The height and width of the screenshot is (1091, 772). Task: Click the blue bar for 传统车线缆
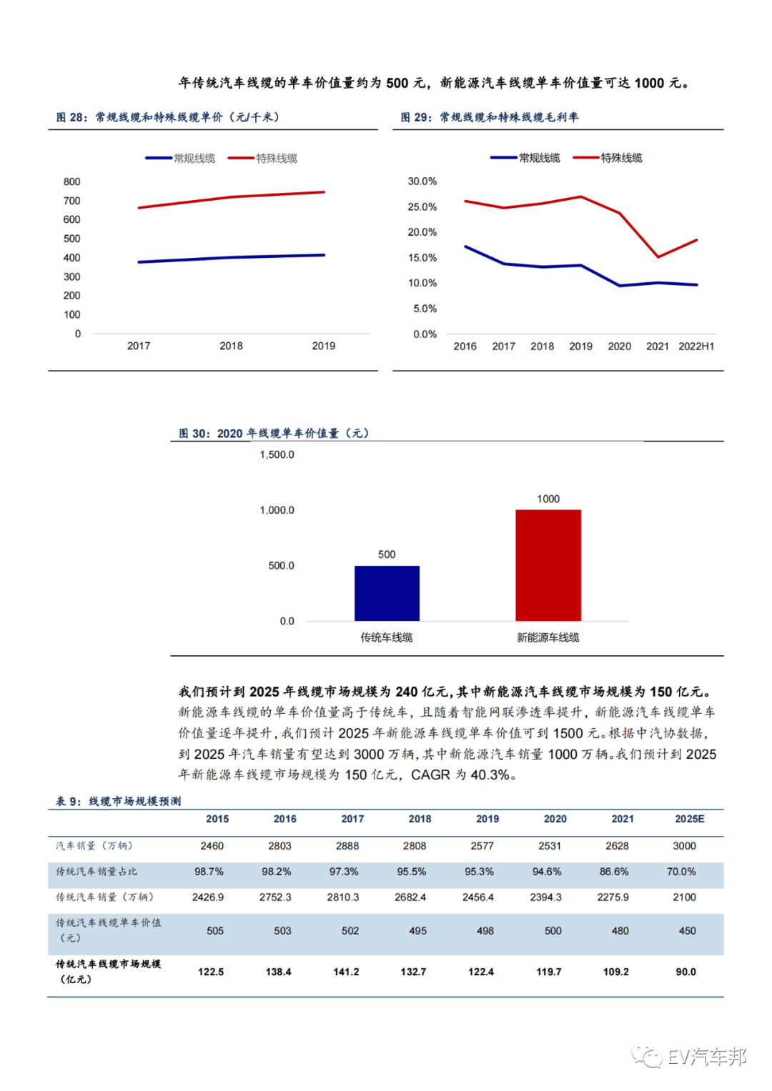click(x=387, y=593)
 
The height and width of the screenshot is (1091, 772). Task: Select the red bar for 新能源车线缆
click(x=548, y=564)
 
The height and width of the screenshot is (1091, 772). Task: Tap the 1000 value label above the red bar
click(x=548, y=499)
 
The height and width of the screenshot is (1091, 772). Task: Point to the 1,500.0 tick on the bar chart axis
click(x=277, y=454)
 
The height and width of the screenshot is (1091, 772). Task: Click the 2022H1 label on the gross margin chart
click(x=696, y=347)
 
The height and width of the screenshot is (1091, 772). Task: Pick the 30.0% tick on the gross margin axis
click(x=422, y=181)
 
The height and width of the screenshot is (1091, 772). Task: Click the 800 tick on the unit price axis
click(x=71, y=181)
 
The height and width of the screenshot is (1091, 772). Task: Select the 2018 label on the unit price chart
click(x=231, y=346)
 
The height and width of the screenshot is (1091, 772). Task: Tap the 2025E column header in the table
click(x=689, y=819)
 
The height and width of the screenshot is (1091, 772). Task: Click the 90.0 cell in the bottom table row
click(x=686, y=972)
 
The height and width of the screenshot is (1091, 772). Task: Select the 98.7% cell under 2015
click(x=209, y=872)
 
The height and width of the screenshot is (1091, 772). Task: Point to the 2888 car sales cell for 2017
click(x=347, y=846)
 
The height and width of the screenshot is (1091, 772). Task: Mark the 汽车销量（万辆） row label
click(x=94, y=846)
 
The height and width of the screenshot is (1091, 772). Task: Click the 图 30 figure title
click(x=274, y=433)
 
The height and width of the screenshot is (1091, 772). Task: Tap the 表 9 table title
click(x=119, y=801)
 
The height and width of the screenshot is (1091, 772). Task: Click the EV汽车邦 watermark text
click(x=706, y=1057)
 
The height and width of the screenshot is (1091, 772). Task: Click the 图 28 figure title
click(x=168, y=117)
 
